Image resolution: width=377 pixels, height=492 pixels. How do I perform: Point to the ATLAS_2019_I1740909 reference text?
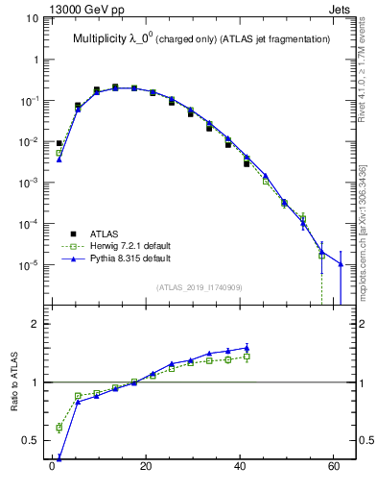(x=199, y=287)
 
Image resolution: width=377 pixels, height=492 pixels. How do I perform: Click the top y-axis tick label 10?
(x=33, y=18)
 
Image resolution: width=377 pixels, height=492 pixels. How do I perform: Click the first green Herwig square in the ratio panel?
(x=59, y=427)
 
